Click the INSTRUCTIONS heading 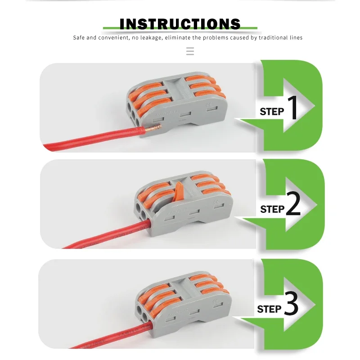pyautogui.click(x=180, y=24)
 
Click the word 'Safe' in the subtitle pyautogui.click(x=79, y=38)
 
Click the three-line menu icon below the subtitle pyautogui.click(x=190, y=51)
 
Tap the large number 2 pyautogui.click(x=293, y=205)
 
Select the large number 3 pyautogui.click(x=291, y=305)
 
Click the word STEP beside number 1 pyautogui.click(x=272, y=112)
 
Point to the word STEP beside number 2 pyautogui.click(x=272, y=209)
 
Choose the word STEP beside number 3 pyautogui.click(x=269, y=309)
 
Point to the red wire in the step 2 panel pyautogui.click(x=103, y=237)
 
